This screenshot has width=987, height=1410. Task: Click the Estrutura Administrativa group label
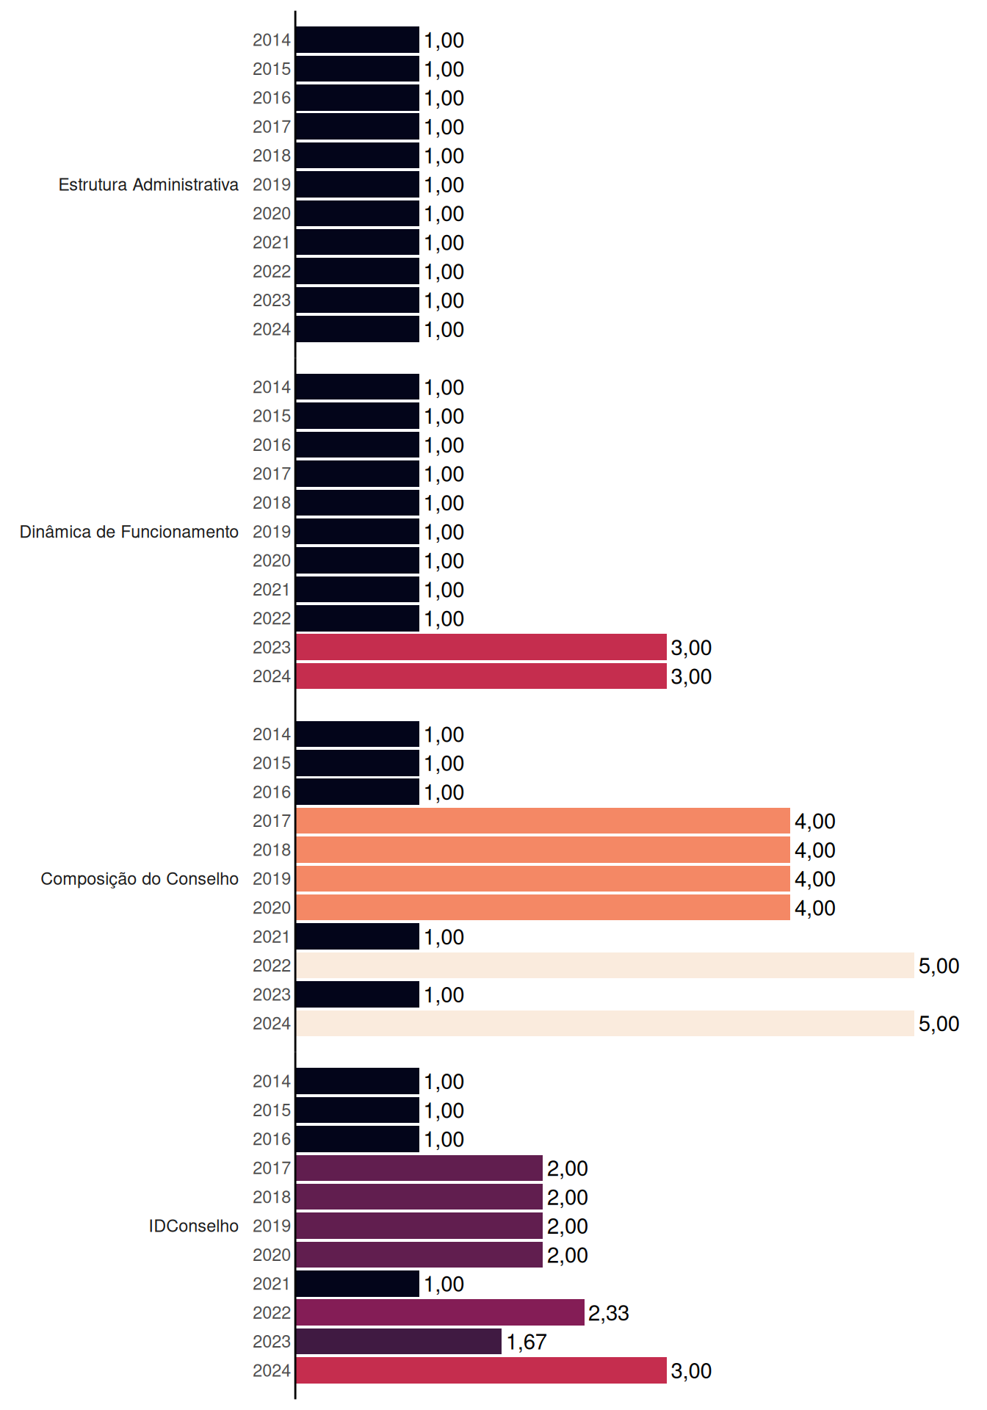click(x=148, y=184)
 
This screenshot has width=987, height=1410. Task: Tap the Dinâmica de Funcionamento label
click(x=129, y=532)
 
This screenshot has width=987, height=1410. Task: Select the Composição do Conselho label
click(x=140, y=879)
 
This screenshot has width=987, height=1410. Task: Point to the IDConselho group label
click(x=194, y=1226)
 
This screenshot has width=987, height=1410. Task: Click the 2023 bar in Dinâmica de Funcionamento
click(x=481, y=647)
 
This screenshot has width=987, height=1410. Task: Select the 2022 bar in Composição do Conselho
click(x=605, y=965)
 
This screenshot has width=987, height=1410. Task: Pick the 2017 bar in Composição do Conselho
click(x=543, y=820)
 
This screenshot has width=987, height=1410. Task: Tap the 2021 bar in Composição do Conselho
click(x=358, y=936)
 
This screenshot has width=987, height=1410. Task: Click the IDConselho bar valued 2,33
click(x=440, y=1312)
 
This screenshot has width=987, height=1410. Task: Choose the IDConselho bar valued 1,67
click(x=399, y=1341)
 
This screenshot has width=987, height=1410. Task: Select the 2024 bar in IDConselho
click(x=481, y=1370)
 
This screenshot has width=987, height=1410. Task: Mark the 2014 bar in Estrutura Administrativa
click(x=358, y=40)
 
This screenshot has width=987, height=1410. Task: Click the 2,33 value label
click(x=609, y=1313)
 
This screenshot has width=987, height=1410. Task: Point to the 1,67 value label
click(x=527, y=1342)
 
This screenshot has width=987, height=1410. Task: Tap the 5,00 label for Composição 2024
click(x=939, y=1024)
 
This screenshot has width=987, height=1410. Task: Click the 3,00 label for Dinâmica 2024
click(x=691, y=676)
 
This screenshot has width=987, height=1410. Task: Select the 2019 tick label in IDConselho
click(x=272, y=1226)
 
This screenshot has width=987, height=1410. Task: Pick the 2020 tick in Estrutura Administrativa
click(x=272, y=214)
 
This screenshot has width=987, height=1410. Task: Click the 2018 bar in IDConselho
click(x=419, y=1196)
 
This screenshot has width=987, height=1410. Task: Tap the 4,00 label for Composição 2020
click(x=815, y=908)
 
